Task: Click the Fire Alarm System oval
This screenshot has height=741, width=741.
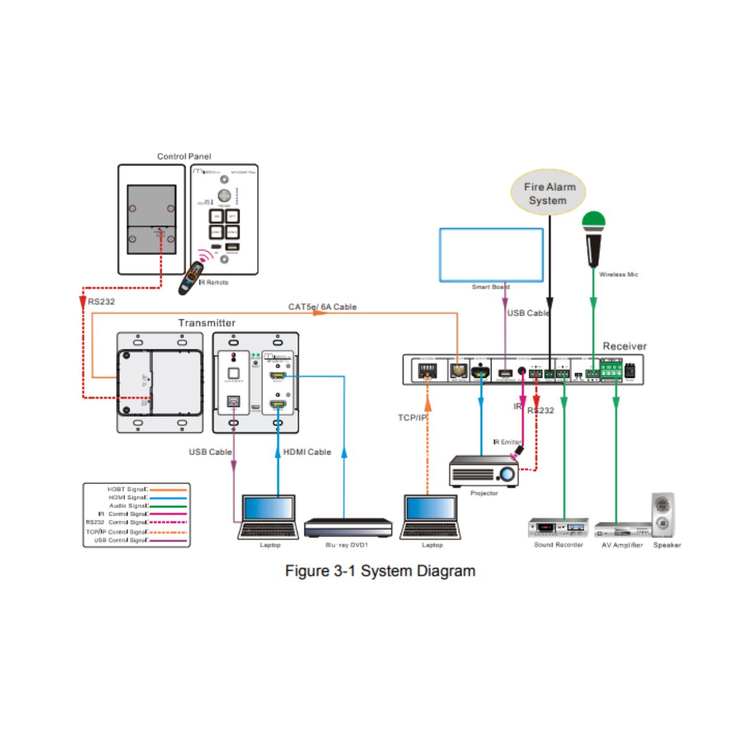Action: pyautogui.click(x=548, y=193)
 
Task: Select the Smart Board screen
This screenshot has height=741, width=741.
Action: pyautogui.click(x=492, y=255)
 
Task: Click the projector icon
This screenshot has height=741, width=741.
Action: pyautogui.click(x=484, y=472)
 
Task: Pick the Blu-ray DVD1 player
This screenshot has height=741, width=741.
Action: pyautogui.click(x=348, y=528)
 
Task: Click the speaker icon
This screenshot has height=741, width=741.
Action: pyautogui.click(x=663, y=516)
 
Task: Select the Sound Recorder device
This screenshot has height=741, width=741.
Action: pyautogui.click(x=558, y=529)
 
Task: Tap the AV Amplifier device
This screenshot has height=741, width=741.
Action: pyautogui.click(x=622, y=530)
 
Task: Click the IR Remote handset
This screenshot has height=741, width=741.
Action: pyautogui.click(x=191, y=277)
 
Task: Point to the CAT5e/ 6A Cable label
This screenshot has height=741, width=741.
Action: pyautogui.click(x=322, y=307)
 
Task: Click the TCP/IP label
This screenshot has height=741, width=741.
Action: pyautogui.click(x=412, y=418)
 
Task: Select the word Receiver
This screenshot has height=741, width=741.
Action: pyautogui.click(x=624, y=346)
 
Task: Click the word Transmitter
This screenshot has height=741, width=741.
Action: pyautogui.click(x=207, y=323)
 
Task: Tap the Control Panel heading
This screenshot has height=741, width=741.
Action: pyautogui.click(x=184, y=156)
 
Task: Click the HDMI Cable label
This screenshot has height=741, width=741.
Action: pyautogui.click(x=307, y=452)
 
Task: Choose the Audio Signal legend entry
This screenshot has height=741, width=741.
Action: pyautogui.click(x=128, y=506)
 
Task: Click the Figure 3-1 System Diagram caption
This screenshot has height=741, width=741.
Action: pyautogui.click(x=380, y=571)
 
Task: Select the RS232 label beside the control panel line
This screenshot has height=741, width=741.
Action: pyautogui.click(x=101, y=302)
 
